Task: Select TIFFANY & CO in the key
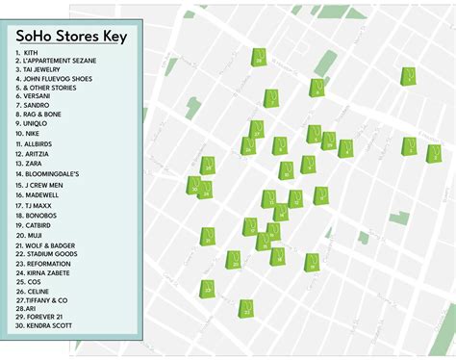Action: click(47, 299)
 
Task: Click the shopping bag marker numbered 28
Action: click(259, 58)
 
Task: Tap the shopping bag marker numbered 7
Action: click(409, 76)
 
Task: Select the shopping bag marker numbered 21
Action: click(207, 236)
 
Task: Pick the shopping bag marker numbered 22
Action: click(245, 308)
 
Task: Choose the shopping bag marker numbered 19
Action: click(207, 166)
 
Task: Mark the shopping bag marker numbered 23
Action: click(207, 288)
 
